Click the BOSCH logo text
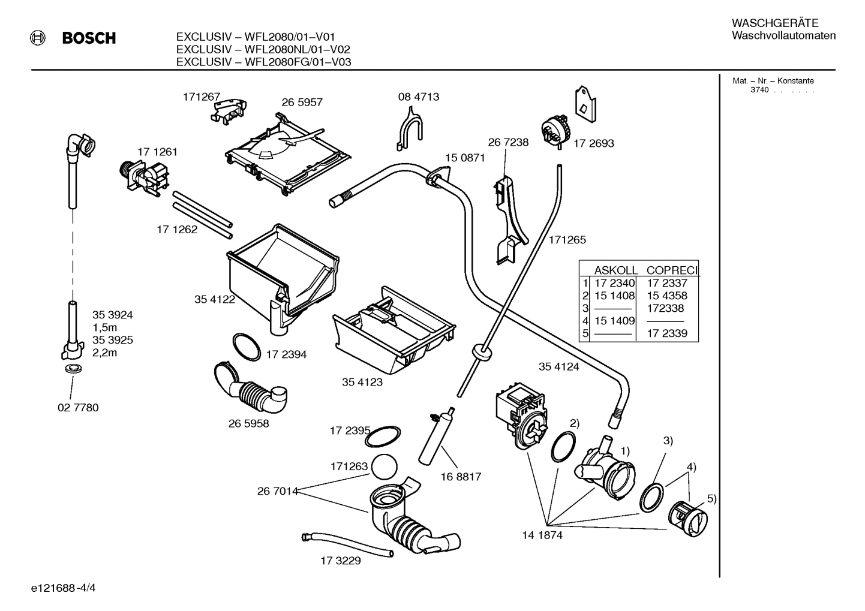[x=89, y=38]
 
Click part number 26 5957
[x=302, y=103]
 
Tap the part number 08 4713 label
[x=418, y=97]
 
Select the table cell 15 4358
[x=666, y=296]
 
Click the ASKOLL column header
[x=615, y=270]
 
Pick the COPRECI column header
[x=672, y=270]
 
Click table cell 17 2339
[x=666, y=333]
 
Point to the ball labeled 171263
[x=385, y=466]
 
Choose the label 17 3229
[x=340, y=561]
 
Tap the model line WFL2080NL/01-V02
[x=263, y=49]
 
